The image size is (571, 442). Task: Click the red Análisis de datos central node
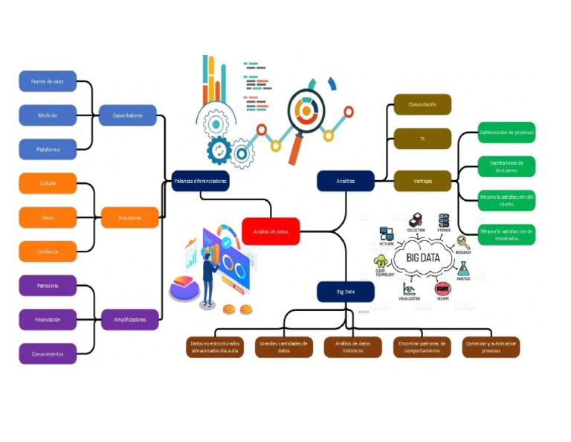(x=271, y=231)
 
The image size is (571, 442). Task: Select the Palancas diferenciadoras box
(x=200, y=181)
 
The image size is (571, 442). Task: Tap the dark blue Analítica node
(x=346, y=181)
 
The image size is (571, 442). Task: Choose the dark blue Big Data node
(x=346, y=292)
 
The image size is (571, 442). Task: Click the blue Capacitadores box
(x=128, y=115)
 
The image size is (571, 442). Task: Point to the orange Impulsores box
(x=130, y=217)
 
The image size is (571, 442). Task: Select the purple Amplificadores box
(x=130, y=319)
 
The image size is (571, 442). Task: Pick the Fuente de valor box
(x=48, y=81)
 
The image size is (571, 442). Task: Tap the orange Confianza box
(x=48, y=252)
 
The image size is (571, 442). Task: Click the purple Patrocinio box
(x=48, y=285)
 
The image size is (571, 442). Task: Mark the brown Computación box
(x=422, y=105)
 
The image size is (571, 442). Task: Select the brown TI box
(x=422, y=138)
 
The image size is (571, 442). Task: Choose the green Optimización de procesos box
(x=506, y=132)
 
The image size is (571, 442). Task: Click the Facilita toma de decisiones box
(x=506, y=166)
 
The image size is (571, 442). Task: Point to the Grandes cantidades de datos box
(x=283, y=347)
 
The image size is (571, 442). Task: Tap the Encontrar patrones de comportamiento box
(x=422, y=347)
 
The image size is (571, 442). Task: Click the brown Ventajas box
(x=422, y=181)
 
